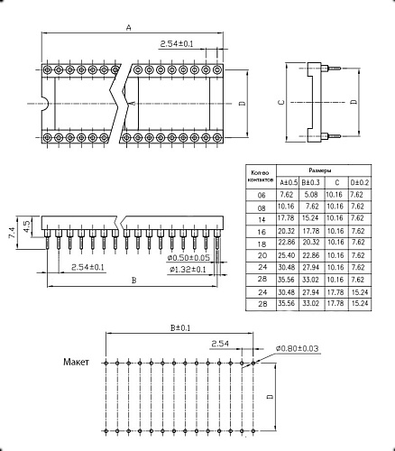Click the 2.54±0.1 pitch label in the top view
pos(176,43)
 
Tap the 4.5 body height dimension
pos(26,225)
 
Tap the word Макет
pos(78,362)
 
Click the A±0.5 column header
pos(286,182)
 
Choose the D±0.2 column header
pos(359,182)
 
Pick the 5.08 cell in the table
pos(309,194)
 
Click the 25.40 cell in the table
pos(286,255)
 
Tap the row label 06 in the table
pos(262,194)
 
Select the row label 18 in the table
pos(262,243)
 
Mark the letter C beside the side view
pos(281,102)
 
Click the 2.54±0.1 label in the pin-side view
pos(87,267)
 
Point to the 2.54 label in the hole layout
pos(220,344)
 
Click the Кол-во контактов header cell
pos(262,175)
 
